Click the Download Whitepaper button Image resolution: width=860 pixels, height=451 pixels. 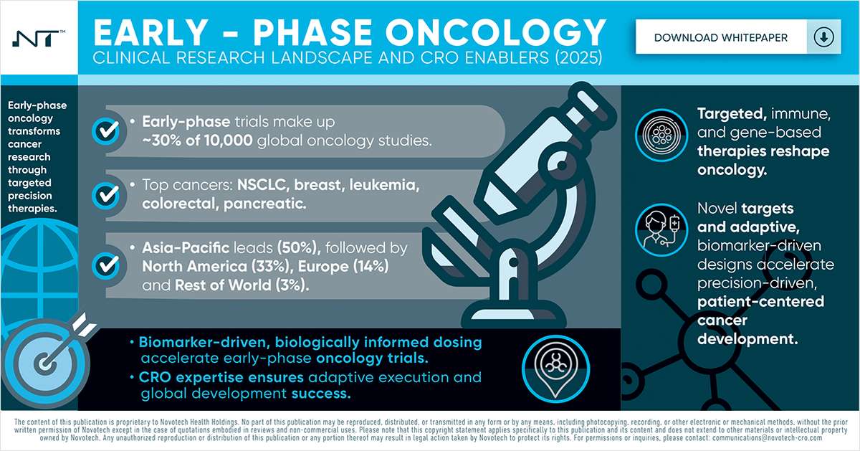click(x=720, y=37)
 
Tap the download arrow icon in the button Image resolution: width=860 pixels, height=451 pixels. click(x=823, y=37)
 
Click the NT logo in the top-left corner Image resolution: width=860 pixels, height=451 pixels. click(x=38, y=38)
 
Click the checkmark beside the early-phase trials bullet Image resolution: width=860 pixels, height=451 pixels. click(x=107, y=130)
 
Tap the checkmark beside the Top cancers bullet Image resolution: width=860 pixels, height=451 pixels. click(x=107, y=194)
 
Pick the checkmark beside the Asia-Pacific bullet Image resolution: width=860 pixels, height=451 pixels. click(x=107, y=265)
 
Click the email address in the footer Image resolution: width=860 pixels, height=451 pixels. click(x=774, y=437)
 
